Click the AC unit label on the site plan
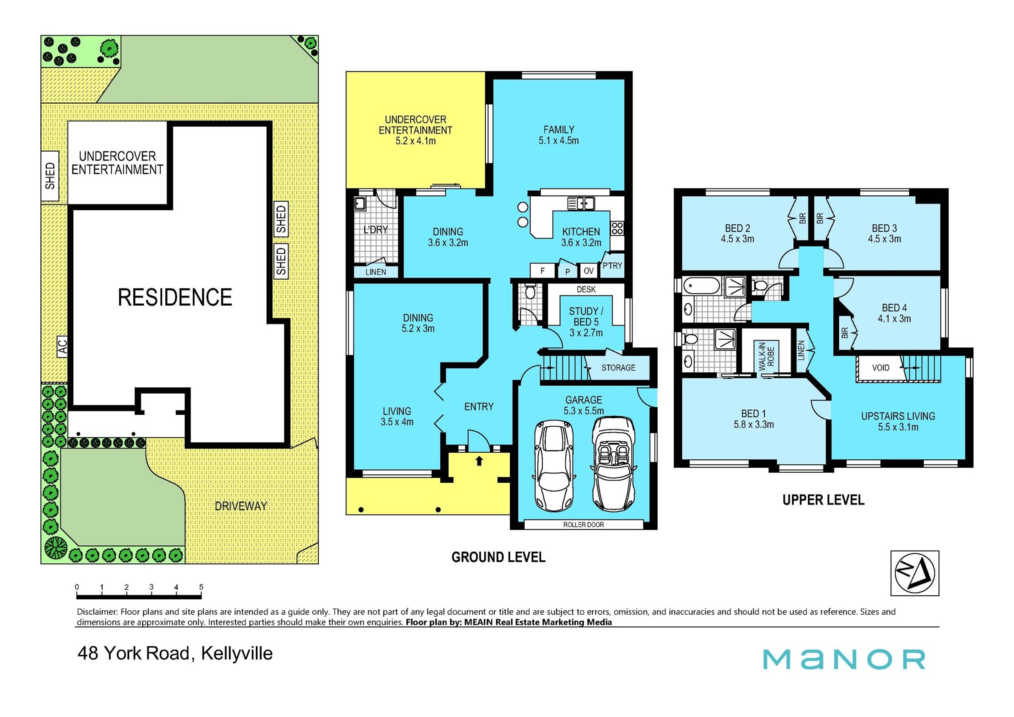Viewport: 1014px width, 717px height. (x=62, y=347)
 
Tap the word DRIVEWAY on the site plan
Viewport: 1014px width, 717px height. (x=241, y=506)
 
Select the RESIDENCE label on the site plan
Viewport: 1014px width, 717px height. (x=175, y=297)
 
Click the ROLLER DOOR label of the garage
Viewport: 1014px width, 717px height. (x=584, y=525)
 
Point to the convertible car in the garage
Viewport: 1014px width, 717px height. (x=614, y=464)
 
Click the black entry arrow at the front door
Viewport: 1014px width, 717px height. (x=480, y=461)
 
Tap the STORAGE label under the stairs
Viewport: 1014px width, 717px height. (x=618, y=368)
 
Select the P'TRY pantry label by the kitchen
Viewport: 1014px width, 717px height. (x=613, y=266)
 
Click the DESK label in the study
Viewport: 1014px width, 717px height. (x=586, y=290)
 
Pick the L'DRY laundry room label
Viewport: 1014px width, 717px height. (x=375, y=230)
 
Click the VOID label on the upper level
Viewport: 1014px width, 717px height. (x=880, y=368)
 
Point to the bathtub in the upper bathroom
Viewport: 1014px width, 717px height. (x=702, y=286)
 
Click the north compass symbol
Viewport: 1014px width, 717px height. (x=915, y=573)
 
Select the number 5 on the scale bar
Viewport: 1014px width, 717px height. (x=201, y=587)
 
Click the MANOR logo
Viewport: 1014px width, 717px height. (x=844, y=659)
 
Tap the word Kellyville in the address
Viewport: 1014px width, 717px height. (x=237, y=654)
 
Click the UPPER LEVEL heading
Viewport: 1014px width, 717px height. (x=823, y=500)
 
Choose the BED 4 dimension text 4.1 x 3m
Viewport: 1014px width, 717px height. (x=894, y=319)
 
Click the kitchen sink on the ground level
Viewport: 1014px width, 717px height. (x=581, y=203)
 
